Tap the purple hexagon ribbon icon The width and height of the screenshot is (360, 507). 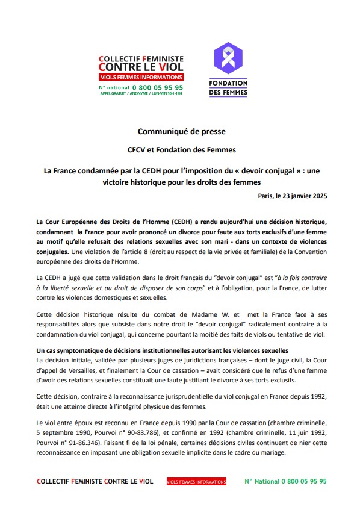228,58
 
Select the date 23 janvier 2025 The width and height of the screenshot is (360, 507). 305,196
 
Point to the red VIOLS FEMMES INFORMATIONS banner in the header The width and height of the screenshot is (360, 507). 140,78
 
